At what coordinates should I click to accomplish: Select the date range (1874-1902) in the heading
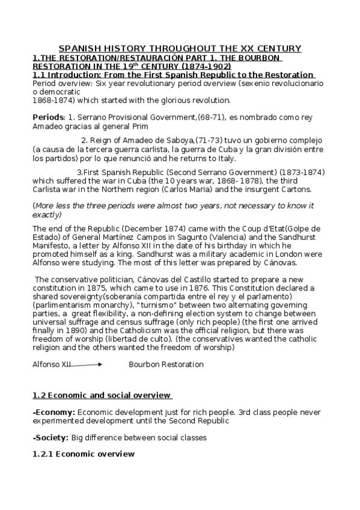pos(209,66)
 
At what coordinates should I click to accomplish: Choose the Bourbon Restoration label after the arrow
pos(166,364)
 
